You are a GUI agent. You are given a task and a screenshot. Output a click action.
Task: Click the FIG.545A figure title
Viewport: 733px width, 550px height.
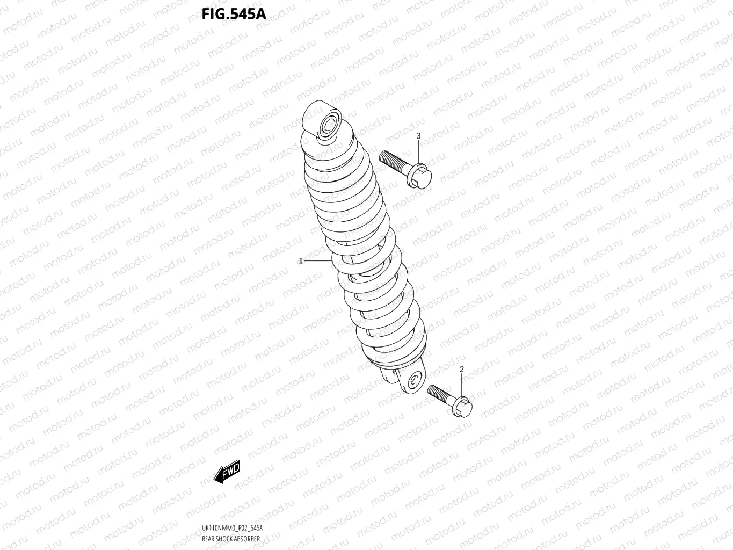234,13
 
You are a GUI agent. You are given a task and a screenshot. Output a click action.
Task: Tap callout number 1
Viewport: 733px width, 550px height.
301,261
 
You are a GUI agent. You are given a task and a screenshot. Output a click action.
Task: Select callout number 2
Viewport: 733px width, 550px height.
462,369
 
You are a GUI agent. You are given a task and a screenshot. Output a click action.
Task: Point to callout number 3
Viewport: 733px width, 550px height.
418,136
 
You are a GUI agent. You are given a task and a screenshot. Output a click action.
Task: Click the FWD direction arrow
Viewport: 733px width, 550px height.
227,472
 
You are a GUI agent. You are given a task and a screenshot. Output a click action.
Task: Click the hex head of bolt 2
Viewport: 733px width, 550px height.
463,407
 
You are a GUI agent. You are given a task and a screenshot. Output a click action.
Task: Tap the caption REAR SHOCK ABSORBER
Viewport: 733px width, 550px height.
231,539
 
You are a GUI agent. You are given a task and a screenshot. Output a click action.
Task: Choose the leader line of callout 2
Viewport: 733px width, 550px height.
462,385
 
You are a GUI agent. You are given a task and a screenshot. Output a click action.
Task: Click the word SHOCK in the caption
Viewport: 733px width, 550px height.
226,539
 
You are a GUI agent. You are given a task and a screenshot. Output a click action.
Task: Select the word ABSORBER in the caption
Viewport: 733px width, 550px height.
248,539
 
